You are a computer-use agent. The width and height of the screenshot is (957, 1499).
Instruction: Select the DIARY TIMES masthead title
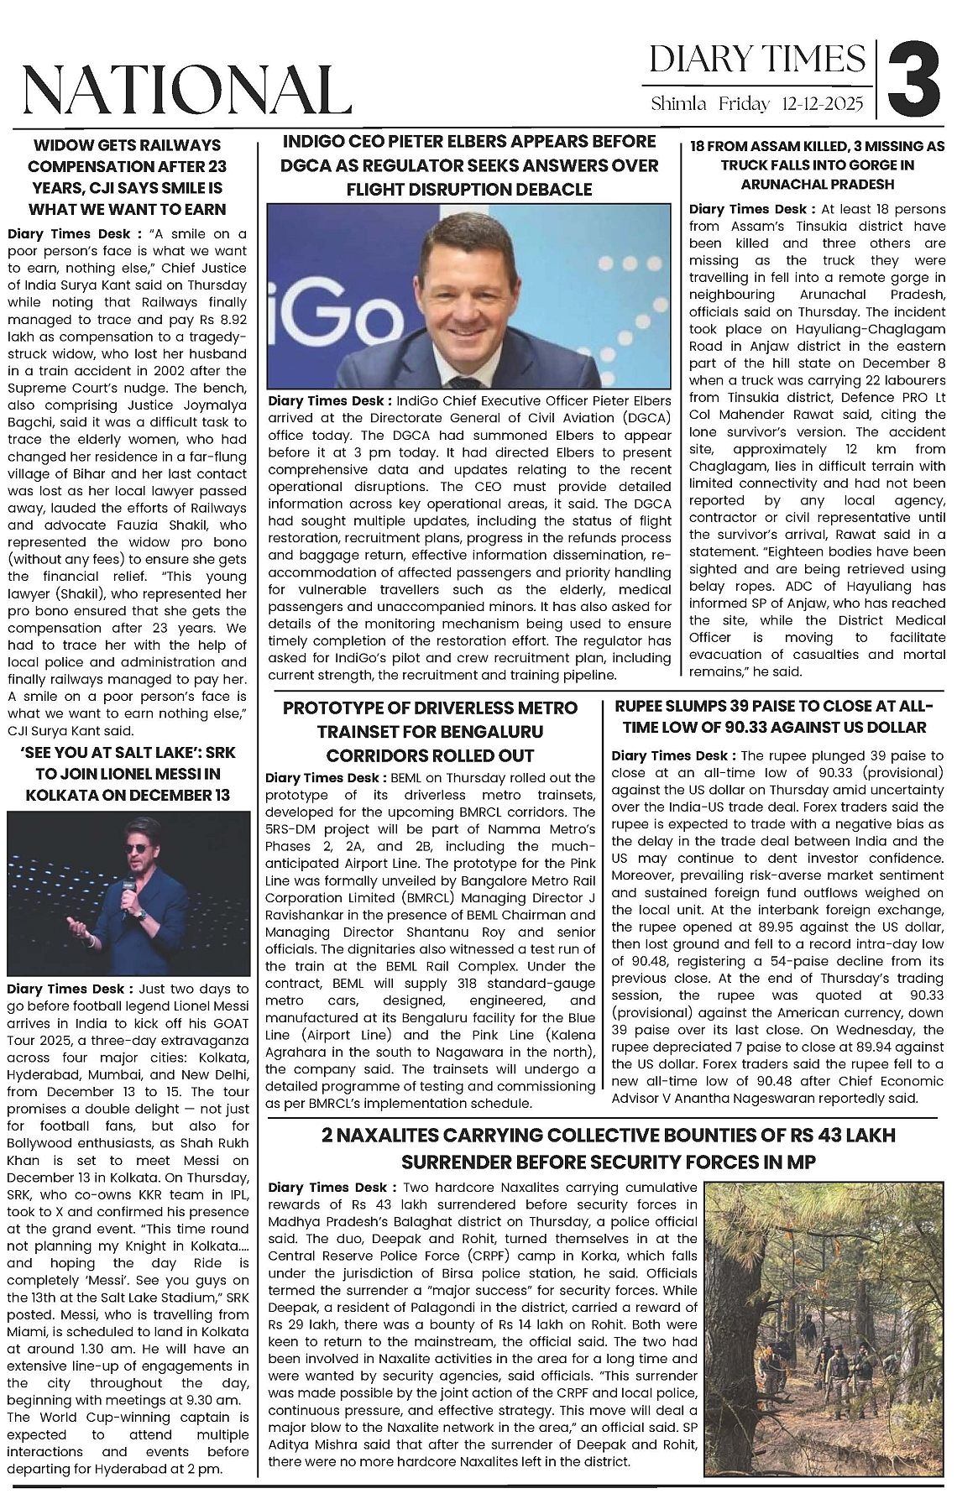click(x=757, y=59)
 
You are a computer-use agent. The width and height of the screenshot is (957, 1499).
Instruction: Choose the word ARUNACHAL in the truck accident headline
click(x=780, y=184)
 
